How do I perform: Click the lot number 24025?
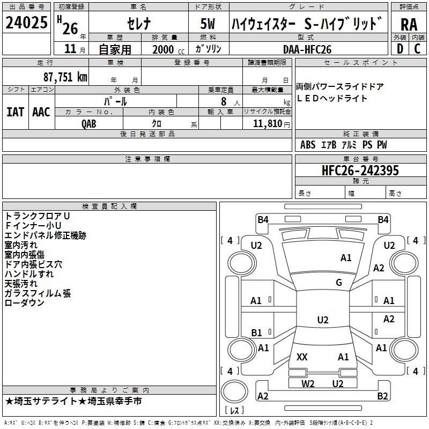point(27,24)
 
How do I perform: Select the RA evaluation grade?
point(409,25)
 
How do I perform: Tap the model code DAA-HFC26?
point(307,49)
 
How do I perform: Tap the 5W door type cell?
point(209,24)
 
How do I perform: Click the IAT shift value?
point(15,112)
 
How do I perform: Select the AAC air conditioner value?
point(41,112)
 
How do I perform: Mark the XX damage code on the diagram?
point(302,357)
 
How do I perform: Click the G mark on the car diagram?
point(339,283)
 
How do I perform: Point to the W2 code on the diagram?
point(308,383)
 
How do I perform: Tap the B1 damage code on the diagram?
point(256,332)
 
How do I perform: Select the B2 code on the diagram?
point(382,396)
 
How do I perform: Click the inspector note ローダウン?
point(25,303)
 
